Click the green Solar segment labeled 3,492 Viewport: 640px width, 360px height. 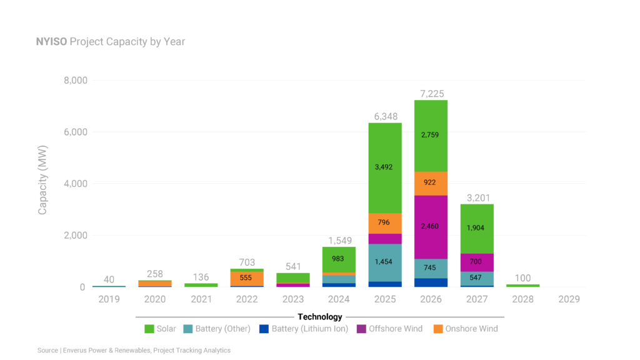[384, 167]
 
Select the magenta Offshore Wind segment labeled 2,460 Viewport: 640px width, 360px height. [431, 226]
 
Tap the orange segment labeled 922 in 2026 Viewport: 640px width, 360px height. [431, 182]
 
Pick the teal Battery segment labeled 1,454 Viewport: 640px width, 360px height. [384, 261]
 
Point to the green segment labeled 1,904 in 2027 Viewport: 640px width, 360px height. [477, 228]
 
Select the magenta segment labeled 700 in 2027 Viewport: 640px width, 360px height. [477, 262]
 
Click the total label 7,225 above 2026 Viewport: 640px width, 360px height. [431, 93]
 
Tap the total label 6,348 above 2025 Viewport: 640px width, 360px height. [384, 116]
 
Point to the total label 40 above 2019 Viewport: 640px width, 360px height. [109, 279]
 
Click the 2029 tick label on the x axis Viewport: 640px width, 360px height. [569, 299]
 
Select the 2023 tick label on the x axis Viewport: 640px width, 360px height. [293, 299]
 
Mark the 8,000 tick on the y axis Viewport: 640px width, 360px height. [75, 81]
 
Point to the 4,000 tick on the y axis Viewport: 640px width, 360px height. [75, 184]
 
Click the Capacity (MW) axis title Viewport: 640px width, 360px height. [42, 184]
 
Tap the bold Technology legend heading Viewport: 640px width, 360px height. [319, 317]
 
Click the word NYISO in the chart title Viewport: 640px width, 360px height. [52, 42]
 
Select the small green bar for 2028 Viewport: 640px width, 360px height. [523, 286]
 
